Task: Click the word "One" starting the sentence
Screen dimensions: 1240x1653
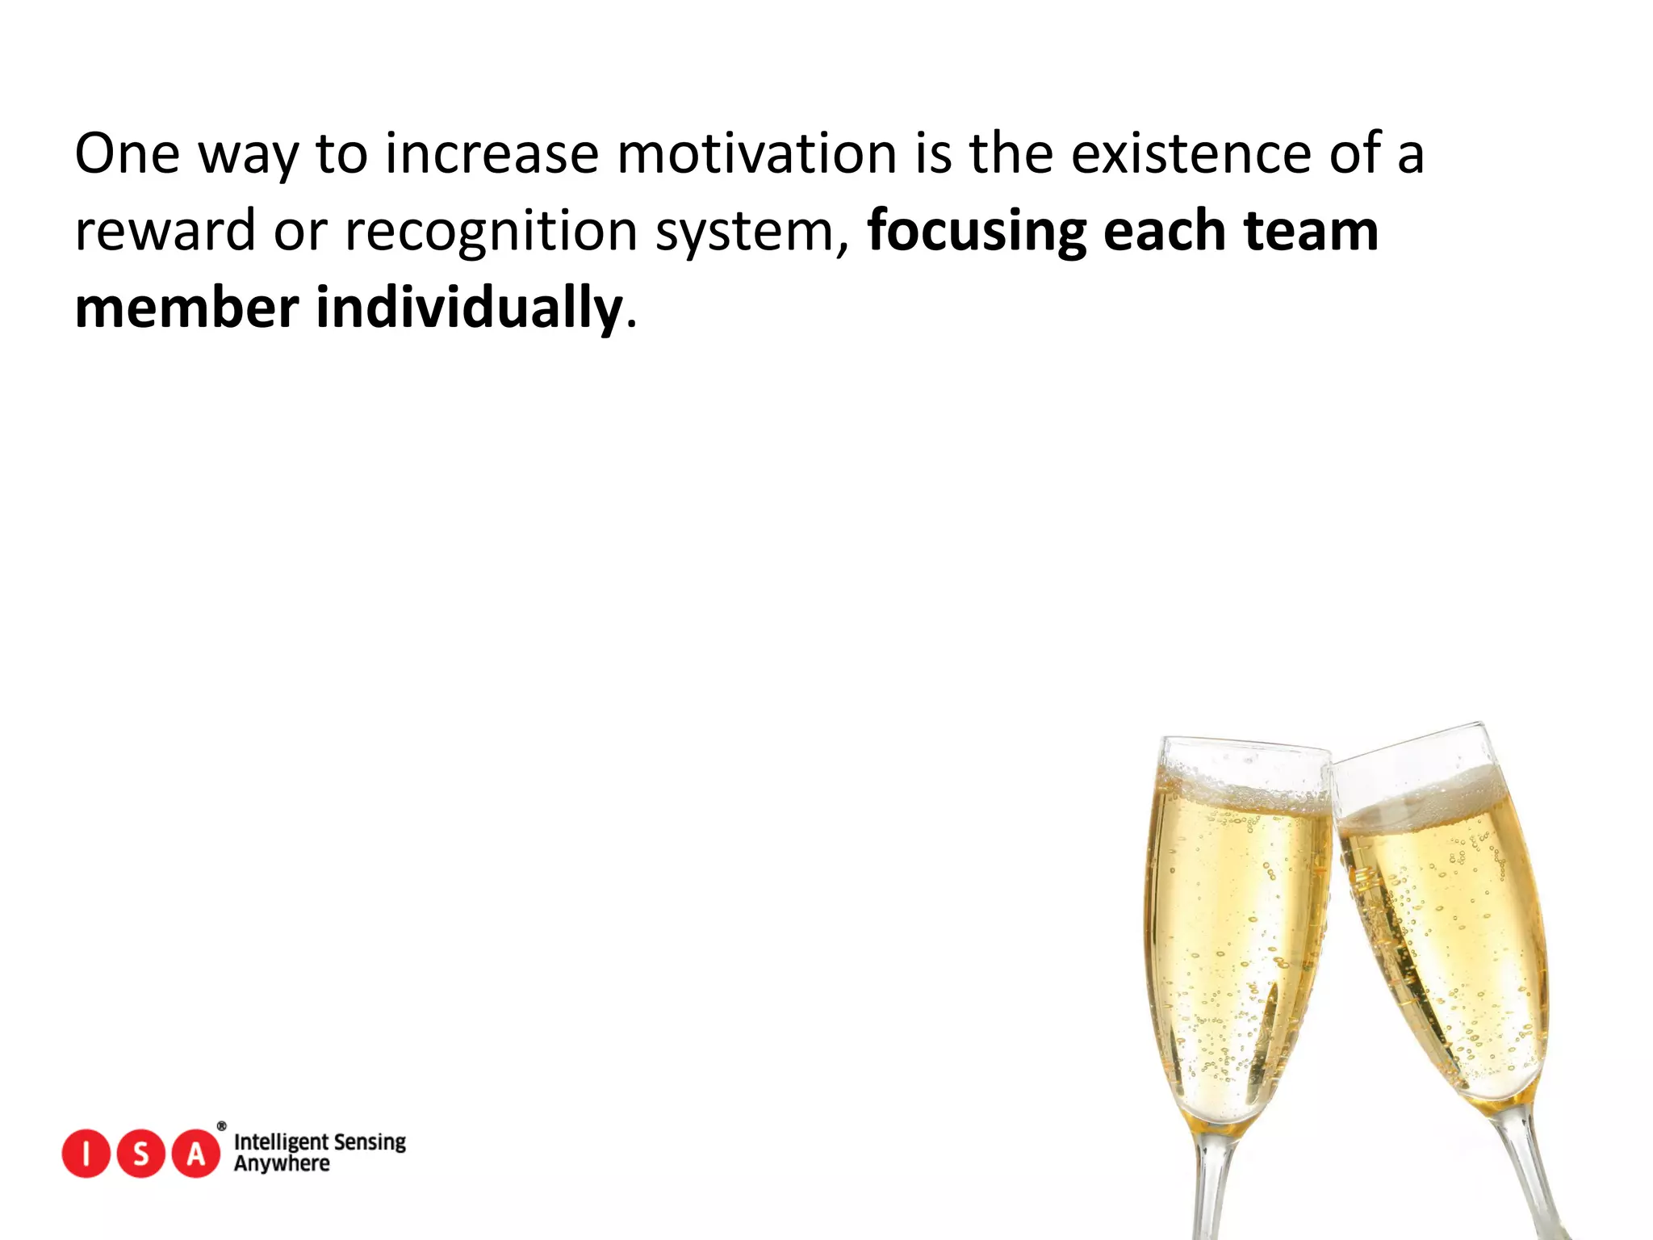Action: click(127, 153)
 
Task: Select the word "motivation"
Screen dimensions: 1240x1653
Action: click(756, 153)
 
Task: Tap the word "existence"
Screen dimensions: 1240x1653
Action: click(1191, 153)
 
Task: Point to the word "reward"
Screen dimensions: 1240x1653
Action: click(165, 231)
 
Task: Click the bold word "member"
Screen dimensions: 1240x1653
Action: click(186, 308)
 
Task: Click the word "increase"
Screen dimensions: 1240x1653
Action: click(492, 153)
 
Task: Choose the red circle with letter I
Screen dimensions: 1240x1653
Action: click(86, 1154)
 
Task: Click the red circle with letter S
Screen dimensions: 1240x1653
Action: click(141, 1154)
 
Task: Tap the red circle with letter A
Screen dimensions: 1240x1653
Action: click(196, 1154)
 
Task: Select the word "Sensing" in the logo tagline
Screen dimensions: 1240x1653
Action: click(370, 1142)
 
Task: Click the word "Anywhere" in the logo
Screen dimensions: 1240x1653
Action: click(282, 1164)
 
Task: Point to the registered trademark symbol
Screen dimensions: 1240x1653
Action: click(222, 1126)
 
